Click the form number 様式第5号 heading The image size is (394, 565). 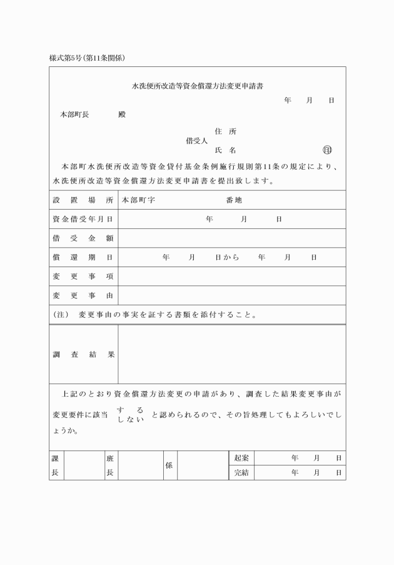88,58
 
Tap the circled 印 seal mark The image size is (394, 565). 327,150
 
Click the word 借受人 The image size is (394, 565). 197,141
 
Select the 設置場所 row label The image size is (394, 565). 83,200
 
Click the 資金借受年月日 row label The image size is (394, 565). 83,219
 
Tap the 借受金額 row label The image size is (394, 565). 83,238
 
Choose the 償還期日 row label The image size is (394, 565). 83,257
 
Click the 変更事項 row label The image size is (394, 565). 83,277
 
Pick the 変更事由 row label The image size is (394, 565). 83,295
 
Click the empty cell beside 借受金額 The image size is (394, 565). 231,238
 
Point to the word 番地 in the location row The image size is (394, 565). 234,200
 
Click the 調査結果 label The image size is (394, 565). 83,354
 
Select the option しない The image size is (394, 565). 131,418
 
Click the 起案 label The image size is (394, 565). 241,458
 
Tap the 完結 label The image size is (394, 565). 241,473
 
